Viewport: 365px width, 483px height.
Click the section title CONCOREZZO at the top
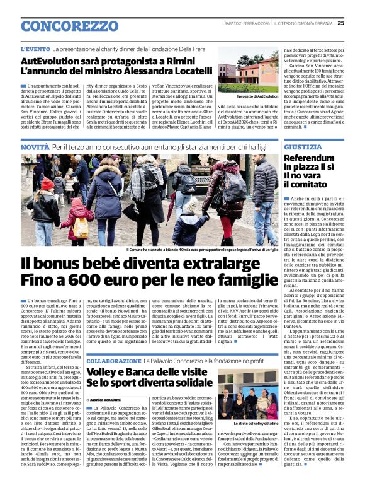tap(65, 26)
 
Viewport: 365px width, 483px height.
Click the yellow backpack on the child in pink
tap(81, 228)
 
